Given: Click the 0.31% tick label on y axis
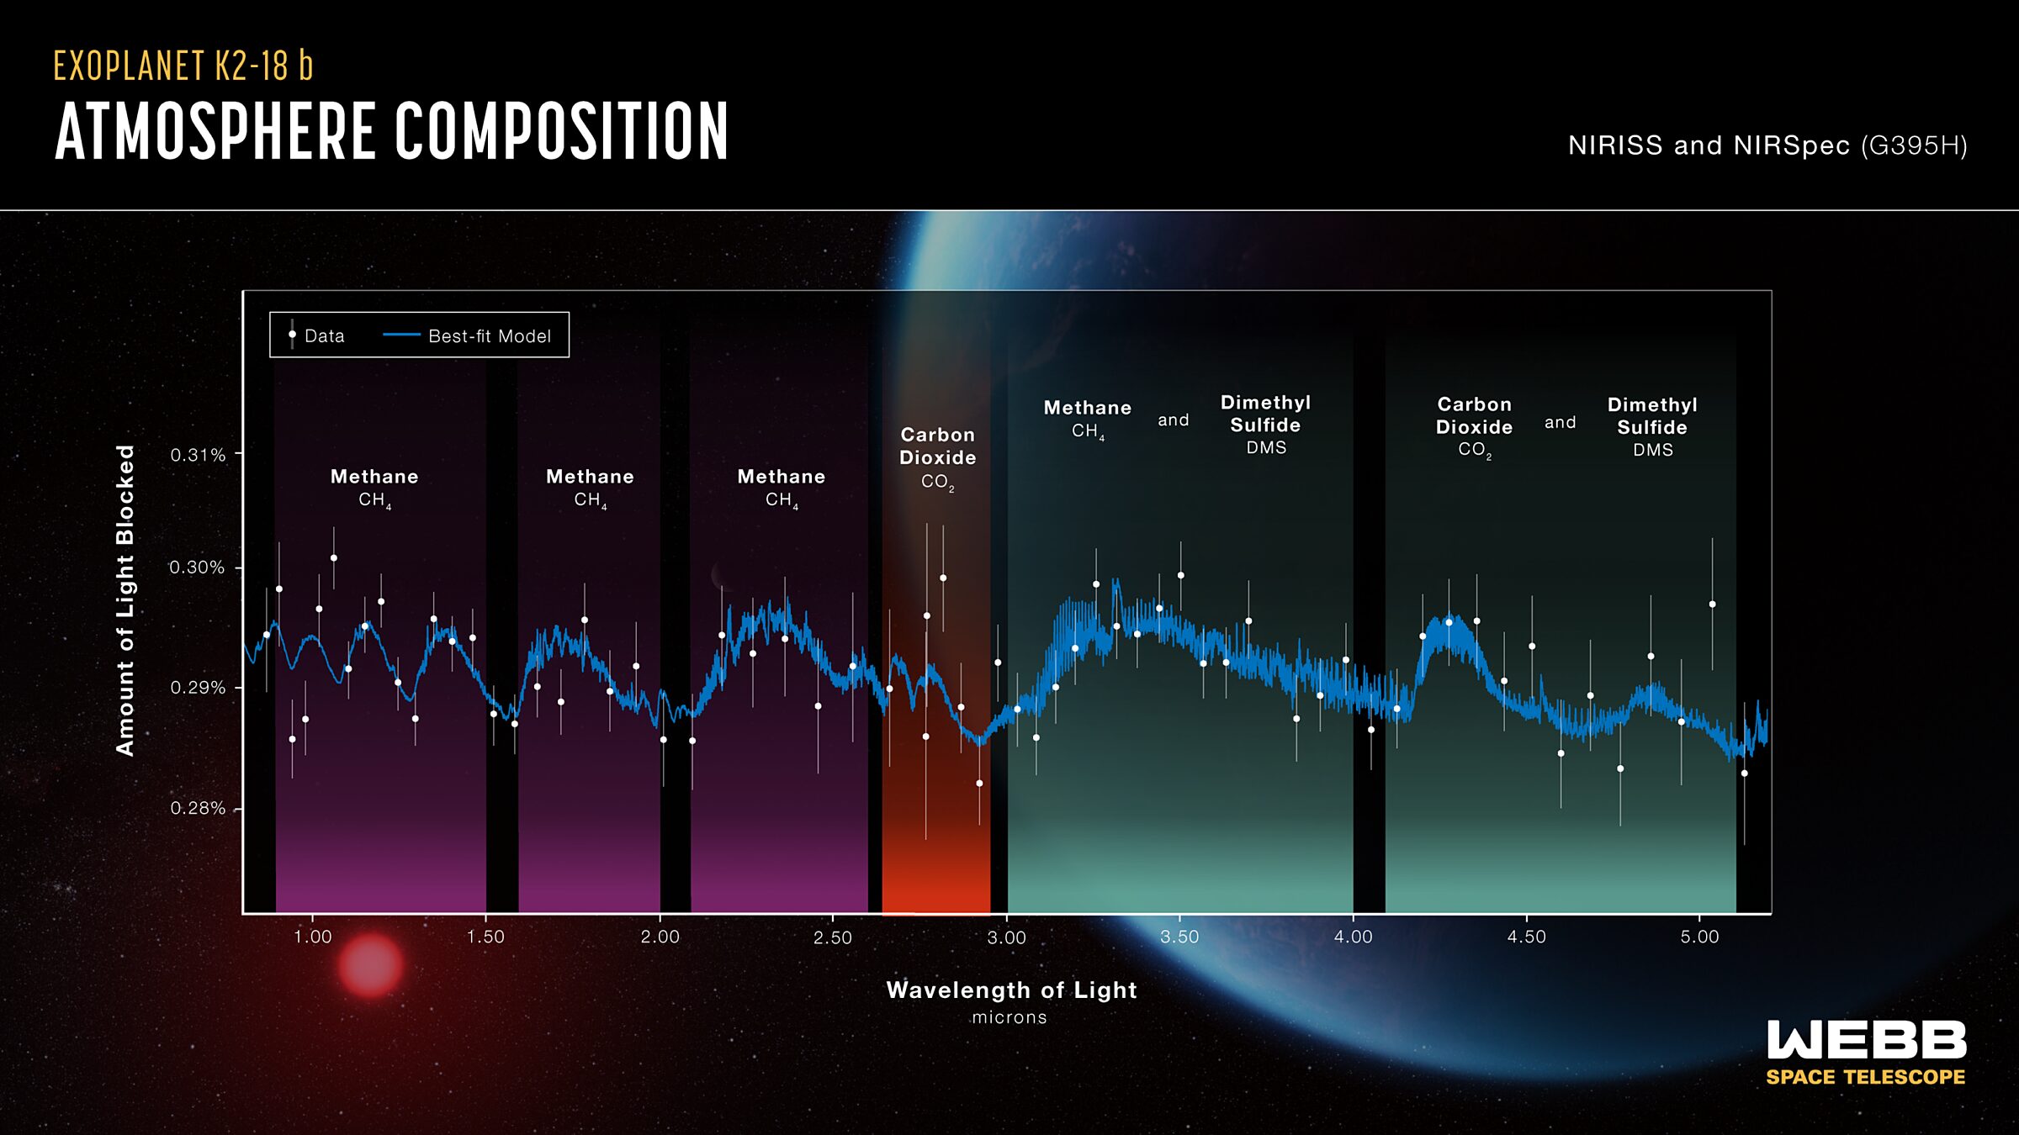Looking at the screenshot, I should point(198,455).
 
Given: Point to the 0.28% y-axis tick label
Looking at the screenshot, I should point(198,808).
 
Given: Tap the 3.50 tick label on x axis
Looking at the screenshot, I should point(1179,937).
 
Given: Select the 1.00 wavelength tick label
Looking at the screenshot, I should point(312,937).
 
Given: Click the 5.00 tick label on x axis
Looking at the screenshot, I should point(1699,937).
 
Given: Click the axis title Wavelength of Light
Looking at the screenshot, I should point(1011,990).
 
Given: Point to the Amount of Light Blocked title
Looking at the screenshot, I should point(125,600).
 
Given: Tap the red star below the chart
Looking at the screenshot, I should point(370,966).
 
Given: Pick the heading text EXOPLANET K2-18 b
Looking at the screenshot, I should point(183,66).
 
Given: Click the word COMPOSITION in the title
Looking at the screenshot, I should point(561,131).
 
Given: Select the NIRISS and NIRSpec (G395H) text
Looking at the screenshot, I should point(1767,145).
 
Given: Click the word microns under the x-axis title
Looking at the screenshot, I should point(1010,1017).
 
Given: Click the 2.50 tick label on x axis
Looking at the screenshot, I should point(833,937).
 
